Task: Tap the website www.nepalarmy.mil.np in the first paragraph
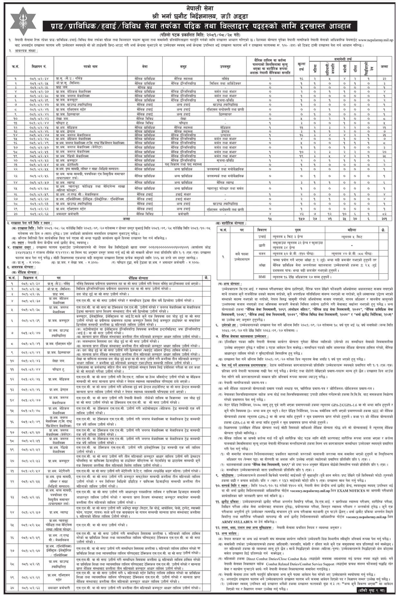click(x=370, y=40)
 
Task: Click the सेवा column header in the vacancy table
click(x=145, y=67)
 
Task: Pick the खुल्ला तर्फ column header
click(x=301, y=67)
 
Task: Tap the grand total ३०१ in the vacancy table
click(x=384, y=218)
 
